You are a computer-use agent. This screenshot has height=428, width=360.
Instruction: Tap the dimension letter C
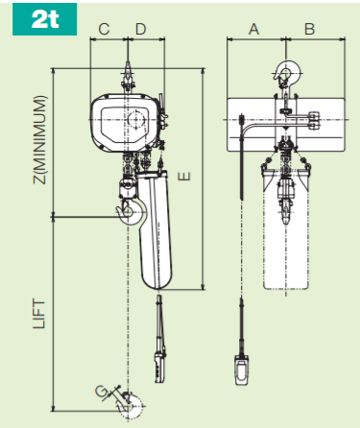(x=104, y=30)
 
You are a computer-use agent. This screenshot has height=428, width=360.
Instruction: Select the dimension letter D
(x=141, y=30)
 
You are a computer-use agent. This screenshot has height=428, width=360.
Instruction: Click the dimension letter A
(x=254, y=30)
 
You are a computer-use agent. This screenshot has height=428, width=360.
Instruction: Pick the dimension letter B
(x=309, y=30)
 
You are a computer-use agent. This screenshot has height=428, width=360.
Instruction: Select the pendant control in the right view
(x=244, y=369)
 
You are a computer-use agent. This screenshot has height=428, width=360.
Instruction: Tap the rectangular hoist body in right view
(x=284, y=125)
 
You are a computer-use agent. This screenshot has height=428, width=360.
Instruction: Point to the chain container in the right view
(x=285, y=226)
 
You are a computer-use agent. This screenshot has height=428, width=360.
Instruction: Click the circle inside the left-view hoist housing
(x=135, y=120)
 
